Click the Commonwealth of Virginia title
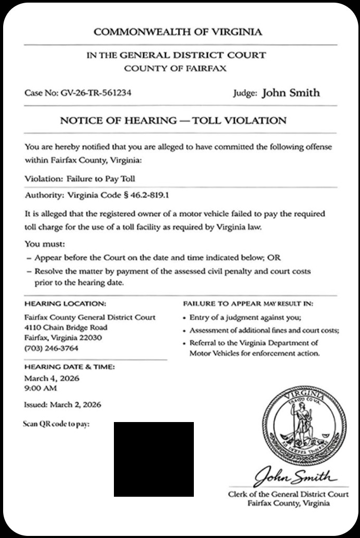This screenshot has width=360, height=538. pyautogui.click(x=178, y=32)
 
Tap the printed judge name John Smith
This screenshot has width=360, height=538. pyautogui.click(x=291, y=93)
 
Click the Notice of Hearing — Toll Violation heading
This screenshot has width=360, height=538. pyautogui.click(x=173, y=121)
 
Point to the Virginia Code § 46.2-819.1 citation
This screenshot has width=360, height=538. pyautogui.click(x=117, y=195)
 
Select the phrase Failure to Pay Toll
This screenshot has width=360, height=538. pyautogui.click(x=100, y=179)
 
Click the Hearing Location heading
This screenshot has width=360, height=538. pyautogui.click(x=65, y=303)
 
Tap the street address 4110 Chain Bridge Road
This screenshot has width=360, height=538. pyautogui.click(x=66, y=328)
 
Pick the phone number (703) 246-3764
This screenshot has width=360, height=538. pyautogui.click(x=51, y=348)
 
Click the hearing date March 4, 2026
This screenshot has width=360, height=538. pyautogui.click(x=52, y=378)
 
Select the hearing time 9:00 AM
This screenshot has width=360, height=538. pyautogui.click(x=41, y=389)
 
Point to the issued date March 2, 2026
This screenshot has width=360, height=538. pyautogui.click(x=76, y=405)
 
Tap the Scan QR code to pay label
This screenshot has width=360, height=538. pyautogui.click(x=56, y=424)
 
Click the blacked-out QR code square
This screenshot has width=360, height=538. pyautogui.click(x=154, y=459)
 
